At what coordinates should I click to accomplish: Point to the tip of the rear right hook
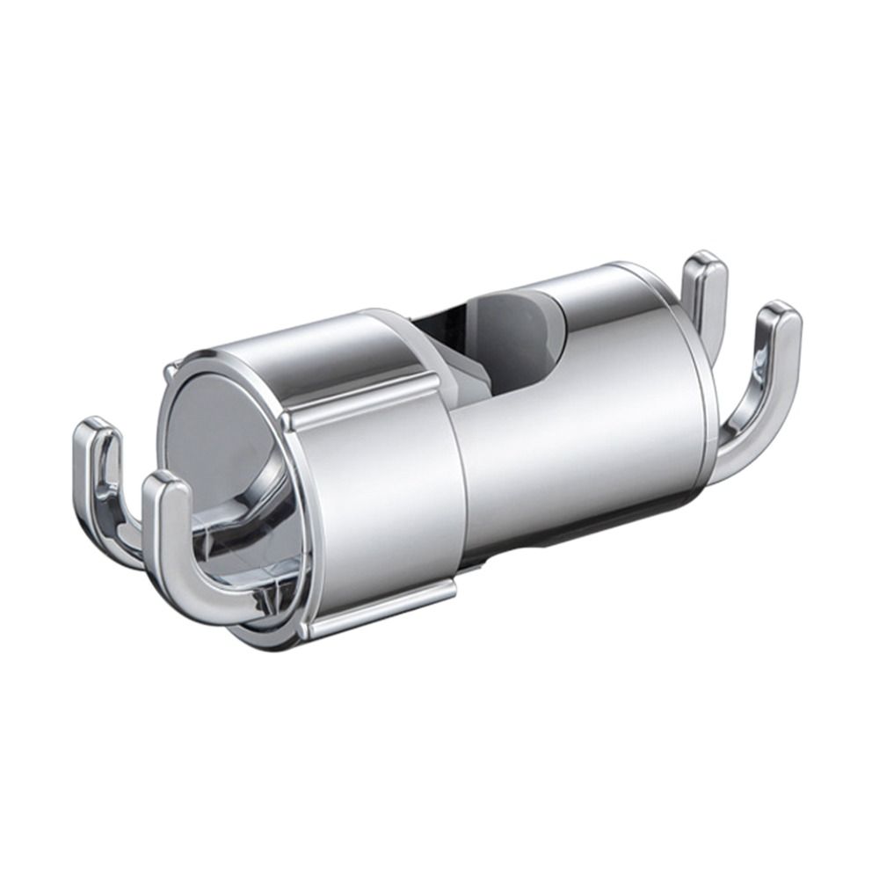[x=705, y=264]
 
